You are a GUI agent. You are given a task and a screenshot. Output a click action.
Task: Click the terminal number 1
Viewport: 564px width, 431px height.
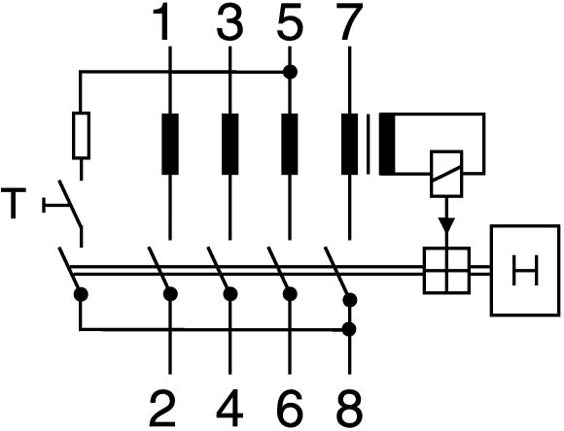(x=162, y=22)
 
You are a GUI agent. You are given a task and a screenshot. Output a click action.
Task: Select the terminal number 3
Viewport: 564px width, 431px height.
(x=229, y=22)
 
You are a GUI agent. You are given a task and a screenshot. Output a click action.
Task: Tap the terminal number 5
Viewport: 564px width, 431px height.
(x=290, y=22)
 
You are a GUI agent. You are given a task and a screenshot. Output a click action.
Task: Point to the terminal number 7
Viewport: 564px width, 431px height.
(x=350, y=22)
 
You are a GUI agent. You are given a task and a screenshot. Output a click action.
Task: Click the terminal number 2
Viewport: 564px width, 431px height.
(x=162, y=409)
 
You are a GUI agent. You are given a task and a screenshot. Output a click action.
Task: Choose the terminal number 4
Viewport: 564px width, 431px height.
(x=230, y=409)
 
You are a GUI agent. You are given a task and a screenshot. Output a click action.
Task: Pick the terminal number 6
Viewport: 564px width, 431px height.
(x=290, y=409)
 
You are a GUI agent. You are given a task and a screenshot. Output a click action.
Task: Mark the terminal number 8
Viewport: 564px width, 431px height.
(x=350, y=409)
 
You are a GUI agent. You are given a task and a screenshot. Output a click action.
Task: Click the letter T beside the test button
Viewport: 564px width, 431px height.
(x=14, y=203)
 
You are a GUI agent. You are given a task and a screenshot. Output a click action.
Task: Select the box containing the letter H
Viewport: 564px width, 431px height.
(x=525, y=271)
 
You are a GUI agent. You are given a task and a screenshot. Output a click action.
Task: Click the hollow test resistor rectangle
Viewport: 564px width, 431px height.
(x=82, y=135)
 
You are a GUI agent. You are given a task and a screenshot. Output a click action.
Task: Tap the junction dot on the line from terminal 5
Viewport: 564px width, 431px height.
(x=290, y=72)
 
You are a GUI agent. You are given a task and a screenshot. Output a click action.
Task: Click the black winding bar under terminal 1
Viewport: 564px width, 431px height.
(x=170, y=144)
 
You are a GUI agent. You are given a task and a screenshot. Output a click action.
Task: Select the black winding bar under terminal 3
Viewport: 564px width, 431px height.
(x=230, y=144)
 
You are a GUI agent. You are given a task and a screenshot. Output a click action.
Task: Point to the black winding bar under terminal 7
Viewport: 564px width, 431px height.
(x=350, y=144)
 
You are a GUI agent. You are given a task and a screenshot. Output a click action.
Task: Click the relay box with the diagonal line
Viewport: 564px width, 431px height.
(x=446, y=174)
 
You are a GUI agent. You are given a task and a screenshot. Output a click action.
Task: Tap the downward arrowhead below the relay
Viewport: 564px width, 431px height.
(x=446, y=224)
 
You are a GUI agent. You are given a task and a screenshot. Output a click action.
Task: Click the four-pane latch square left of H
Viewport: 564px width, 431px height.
(x=446, y=271)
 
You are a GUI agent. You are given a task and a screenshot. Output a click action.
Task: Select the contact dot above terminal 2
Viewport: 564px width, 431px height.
(x=170, y=294)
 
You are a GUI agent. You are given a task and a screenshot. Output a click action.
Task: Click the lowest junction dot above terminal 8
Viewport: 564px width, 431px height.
(x=349, y=329)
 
